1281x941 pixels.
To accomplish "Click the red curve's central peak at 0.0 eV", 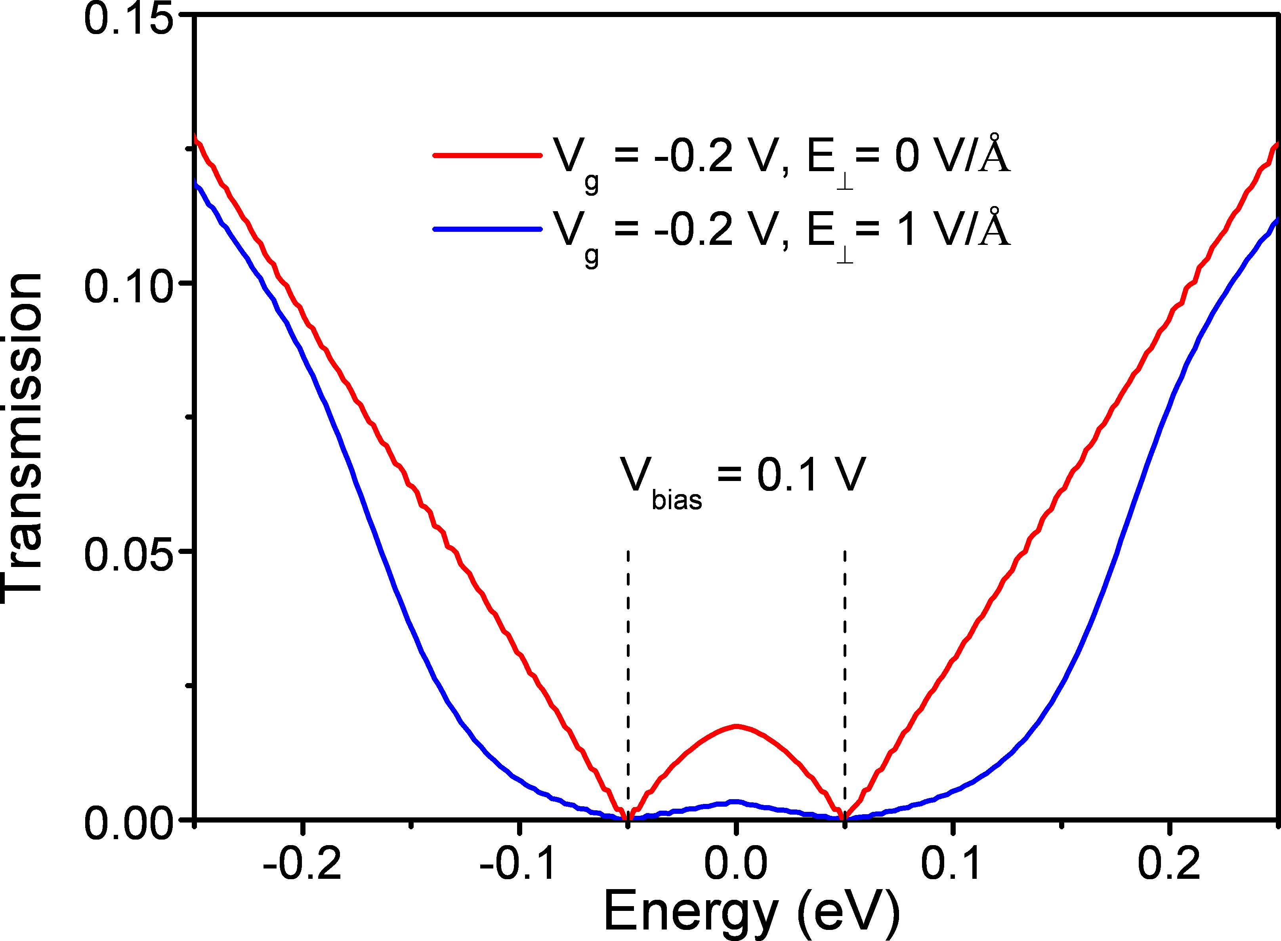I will click(x=736, y=726).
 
